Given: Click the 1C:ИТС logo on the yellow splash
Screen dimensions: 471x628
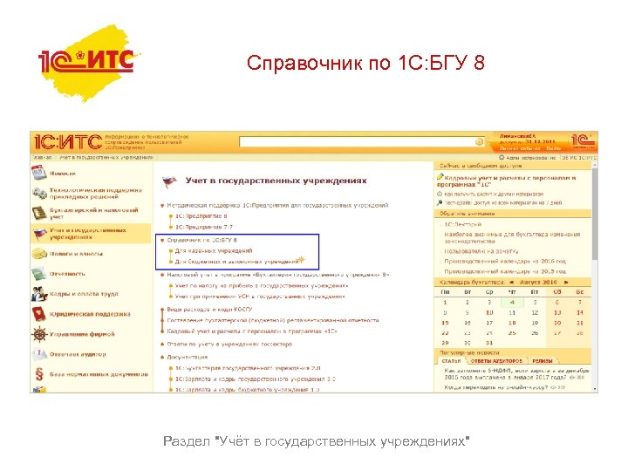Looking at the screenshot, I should [86, 60].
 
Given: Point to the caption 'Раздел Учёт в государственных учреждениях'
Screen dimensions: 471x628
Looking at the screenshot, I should [316, 442].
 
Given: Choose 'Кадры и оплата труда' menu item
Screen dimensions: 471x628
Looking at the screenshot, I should [84, 294].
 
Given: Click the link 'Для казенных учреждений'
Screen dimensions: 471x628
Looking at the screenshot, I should [214, 250].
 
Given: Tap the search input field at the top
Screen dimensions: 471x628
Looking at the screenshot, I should [358, 141].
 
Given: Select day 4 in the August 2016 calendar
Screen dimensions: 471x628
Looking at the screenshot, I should [512, 302].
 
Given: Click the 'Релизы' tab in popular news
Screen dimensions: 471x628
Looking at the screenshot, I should [543, 360].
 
